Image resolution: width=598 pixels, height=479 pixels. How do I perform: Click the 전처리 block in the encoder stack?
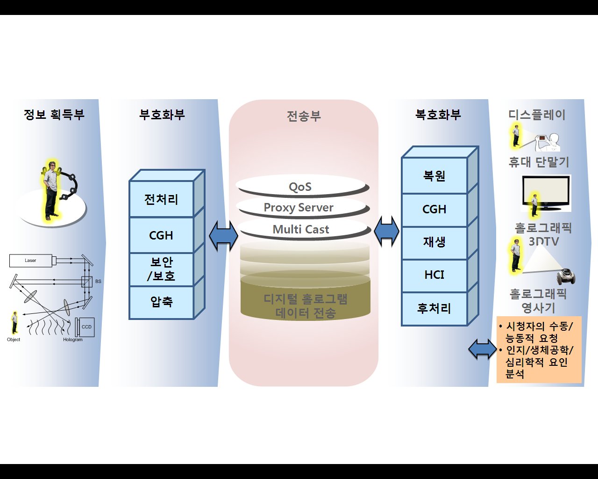(x=161, y=199)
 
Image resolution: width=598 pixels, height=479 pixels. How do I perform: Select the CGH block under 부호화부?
(x=161, y=235)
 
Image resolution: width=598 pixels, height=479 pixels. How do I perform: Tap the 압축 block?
(x=161, y=302)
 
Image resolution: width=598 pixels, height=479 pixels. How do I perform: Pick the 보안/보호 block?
(x=161, y=269)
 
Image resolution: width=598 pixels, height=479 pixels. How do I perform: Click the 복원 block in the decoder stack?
(x=434, y=176)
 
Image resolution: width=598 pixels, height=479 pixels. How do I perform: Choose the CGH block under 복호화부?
(x=434, y=210)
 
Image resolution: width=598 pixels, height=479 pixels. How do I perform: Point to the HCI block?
(x=434, y=275)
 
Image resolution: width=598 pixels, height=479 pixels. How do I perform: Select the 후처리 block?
(x=434, y=309)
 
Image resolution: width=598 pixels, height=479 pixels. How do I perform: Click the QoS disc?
(x=300, y=187)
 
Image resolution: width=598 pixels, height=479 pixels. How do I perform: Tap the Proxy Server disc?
(x=299, y=208)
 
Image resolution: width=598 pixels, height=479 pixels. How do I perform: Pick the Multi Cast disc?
(x=301, y=229)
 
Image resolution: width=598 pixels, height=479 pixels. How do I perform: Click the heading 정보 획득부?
(x=54, y=115)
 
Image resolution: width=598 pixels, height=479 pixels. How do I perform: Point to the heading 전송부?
(x=304, y=116)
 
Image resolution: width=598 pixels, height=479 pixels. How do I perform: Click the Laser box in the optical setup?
(x=31, y=261)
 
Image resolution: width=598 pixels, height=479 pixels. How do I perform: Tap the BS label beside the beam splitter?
(x=98, y=281)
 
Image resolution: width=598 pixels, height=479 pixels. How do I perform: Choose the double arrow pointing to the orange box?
(x=483, y=349)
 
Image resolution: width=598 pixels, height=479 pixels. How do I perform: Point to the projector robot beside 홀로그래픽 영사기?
(x=566, y=276)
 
